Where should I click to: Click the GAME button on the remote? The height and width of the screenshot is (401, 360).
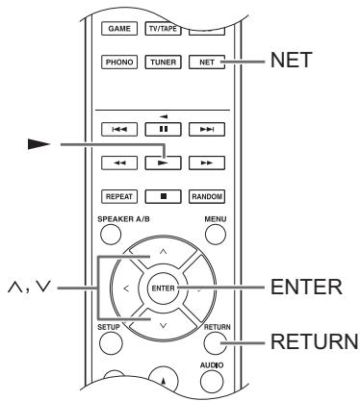(x=119, y=29)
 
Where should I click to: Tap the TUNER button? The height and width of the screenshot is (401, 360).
(x=163, y=62)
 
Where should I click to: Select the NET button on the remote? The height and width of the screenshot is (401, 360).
(x=207, y=62)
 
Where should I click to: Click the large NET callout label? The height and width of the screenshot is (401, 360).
(x=291, y=60)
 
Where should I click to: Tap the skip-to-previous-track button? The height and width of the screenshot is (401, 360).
(x=119, y=130)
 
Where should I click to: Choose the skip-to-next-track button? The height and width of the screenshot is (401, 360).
(x=207, y=130)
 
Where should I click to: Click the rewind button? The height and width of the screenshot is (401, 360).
(x=119, y=163)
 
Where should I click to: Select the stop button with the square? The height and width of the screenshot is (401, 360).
(x=163, y=196)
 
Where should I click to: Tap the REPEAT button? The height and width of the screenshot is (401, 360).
(x=119, y=196)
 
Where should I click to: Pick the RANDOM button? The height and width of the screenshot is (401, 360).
(x=207, y=196)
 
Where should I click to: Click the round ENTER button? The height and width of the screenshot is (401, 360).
(x=163, y=288)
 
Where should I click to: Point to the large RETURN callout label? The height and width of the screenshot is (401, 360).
(x=315, y=341)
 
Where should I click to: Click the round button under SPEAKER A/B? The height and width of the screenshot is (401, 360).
(x=111, y=235)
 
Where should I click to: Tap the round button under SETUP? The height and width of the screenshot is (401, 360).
(x=111, y=342)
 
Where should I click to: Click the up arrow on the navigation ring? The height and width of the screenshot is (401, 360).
(x=163, y=252)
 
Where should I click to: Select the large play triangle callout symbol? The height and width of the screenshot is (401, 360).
(x=39, y=144)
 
